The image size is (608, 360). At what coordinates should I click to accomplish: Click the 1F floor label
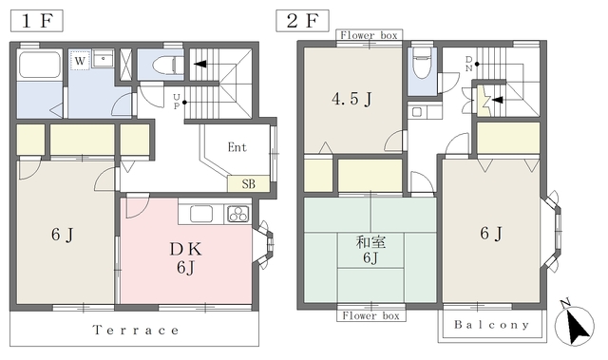36,21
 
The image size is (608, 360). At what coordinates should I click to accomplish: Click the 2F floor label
302,21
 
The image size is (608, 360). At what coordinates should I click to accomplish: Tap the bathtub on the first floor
40,65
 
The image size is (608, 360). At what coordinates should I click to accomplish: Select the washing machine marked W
80,60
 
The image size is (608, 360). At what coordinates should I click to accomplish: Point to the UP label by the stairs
177,102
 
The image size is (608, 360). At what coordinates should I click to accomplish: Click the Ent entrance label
237,147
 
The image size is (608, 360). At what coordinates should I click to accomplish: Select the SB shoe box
248,183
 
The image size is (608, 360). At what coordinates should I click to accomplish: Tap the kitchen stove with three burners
238,214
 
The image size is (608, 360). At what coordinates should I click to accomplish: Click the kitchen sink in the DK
200,214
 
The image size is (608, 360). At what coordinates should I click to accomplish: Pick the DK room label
186,249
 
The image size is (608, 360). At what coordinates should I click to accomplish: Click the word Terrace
136,331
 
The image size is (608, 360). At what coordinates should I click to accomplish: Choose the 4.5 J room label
351,99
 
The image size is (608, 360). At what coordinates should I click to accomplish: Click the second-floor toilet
422,63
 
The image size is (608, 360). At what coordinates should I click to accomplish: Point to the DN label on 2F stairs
468,65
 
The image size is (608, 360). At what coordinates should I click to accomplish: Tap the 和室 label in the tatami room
370,242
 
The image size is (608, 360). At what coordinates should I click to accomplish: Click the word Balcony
492,325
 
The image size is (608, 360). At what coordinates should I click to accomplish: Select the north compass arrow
576,324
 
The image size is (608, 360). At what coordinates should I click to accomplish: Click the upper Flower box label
369,36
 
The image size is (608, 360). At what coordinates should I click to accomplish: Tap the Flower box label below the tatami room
370,315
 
